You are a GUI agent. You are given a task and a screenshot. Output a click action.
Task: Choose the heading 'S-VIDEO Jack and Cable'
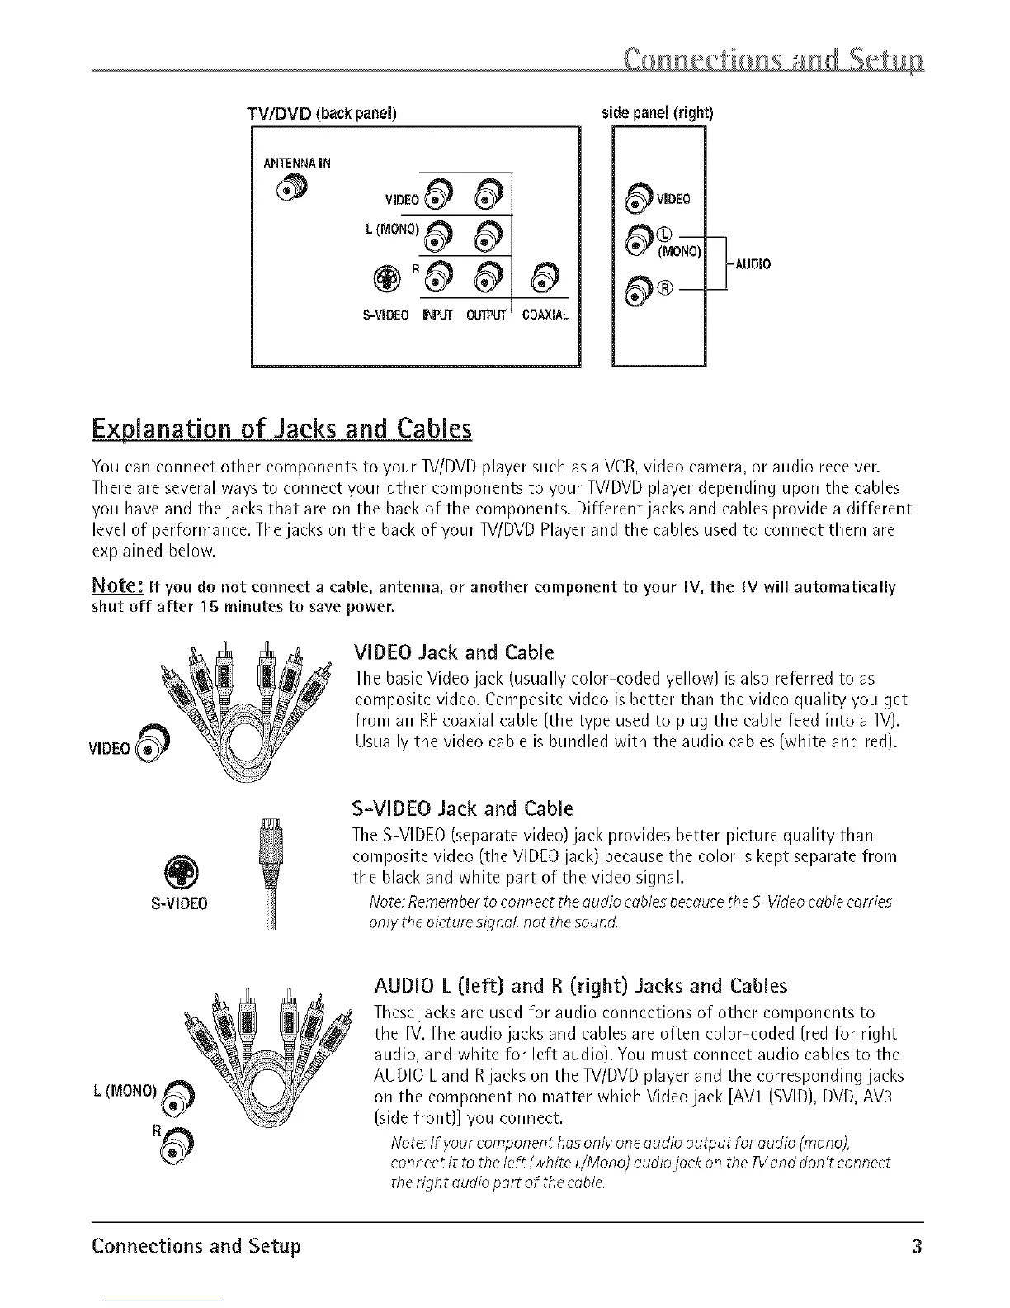pyautogui.click(x=462, y=807)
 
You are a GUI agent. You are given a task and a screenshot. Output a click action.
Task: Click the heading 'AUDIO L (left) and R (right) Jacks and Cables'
pyautogui.click(x=580, y=986)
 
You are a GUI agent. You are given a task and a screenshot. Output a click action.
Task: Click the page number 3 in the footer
pyautogui.click(x=915, y=1245)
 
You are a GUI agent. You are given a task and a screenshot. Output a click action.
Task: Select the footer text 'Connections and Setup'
pyautogui.click(x=196, y=1245)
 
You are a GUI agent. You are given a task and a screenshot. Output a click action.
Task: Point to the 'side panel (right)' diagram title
pyautogui.click(x=658, y=112)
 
